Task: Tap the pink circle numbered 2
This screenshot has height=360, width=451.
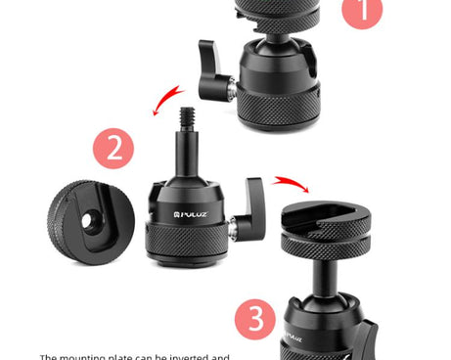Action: (x=113, y=150)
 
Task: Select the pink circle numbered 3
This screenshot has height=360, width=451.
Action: (x=255, y=320)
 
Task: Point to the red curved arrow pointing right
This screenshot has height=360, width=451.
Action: (x=290, y=183)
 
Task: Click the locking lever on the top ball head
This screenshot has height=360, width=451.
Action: (x=213, y=69)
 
